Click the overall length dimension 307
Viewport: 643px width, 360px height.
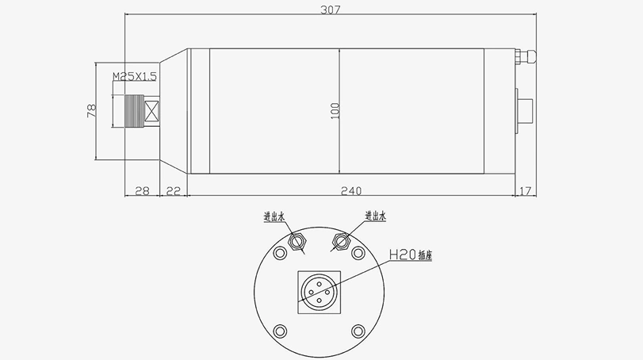(x=331, y=10)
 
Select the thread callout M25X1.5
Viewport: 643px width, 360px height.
(x=136, y=76)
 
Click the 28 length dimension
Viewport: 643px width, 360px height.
(x=144, y=190)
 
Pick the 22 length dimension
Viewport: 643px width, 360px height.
(x=174, y=190)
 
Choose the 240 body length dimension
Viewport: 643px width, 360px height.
(x=350, y=190)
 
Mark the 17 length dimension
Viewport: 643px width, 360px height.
(x=526, y=190)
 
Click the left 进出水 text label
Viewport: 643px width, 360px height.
(x=274, y=216)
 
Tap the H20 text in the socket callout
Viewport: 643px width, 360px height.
(x=402, y=255)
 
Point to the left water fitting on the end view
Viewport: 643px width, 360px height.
(x=298, y=240)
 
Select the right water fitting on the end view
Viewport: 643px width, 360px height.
(x=342, y=239)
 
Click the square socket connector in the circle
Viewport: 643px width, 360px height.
(x=320, y=291)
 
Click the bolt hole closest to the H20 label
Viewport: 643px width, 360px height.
(x=358, y=253)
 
